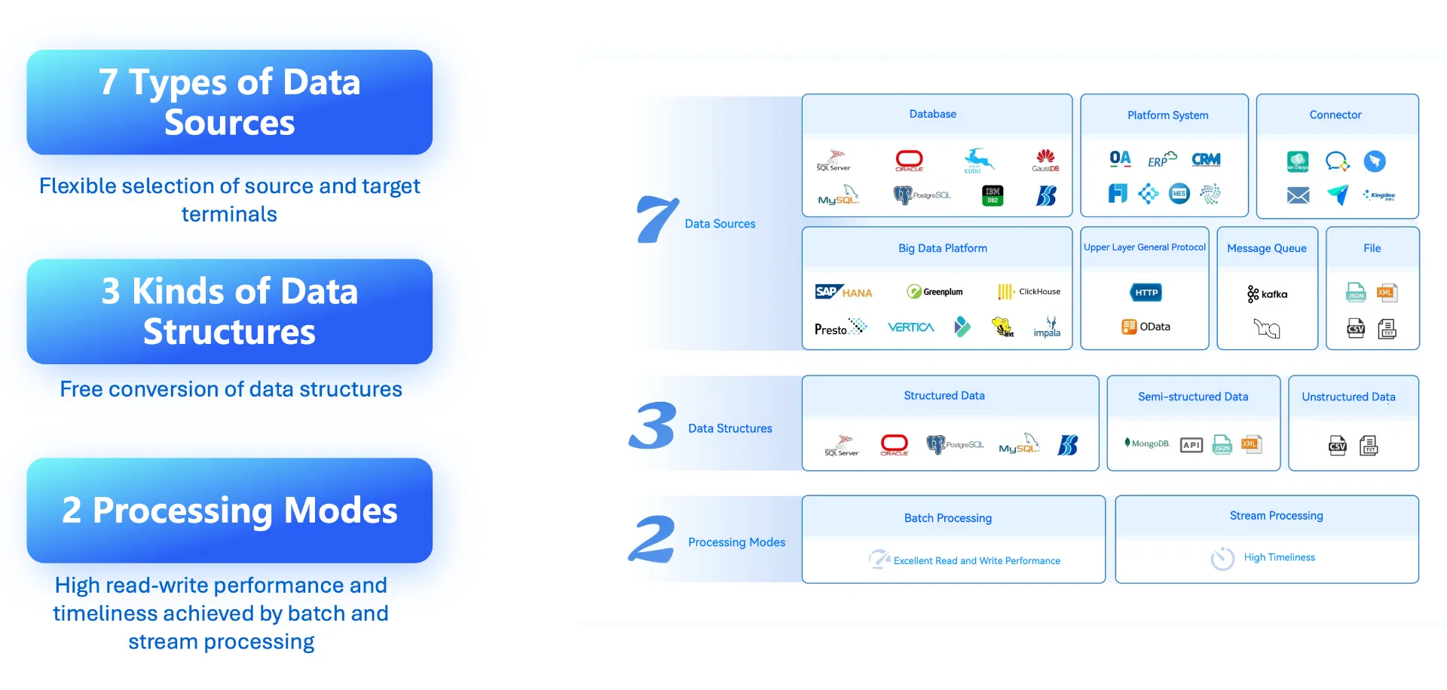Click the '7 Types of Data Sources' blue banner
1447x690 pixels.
[x=229, y=103]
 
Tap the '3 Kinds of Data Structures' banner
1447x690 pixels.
[x=229, y=311]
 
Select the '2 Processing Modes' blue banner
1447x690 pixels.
[x=229, y=511]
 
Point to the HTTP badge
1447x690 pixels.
[x=1146, y=293]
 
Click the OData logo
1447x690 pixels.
[x=1146, y=327]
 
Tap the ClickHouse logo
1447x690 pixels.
[x=1029, y=292]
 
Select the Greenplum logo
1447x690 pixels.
[x=935, y=292]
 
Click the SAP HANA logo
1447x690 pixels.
[x=843, y=293]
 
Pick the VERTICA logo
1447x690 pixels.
[x=910, y=327]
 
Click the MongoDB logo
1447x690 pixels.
[x=1147, y=443]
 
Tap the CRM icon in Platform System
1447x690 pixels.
[x=1206, y=160]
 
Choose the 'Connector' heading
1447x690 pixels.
[x=1335, y=115]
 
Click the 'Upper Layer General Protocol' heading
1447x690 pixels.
[x=1144, y=247]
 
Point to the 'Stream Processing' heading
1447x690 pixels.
[x=1276, y=516]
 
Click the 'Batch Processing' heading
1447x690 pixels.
[x=948, y=518]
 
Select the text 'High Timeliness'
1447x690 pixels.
[x=1279, y=557]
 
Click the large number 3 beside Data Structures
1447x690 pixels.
[x=652, y=426]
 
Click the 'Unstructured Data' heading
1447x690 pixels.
[x=1348, y=397]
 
